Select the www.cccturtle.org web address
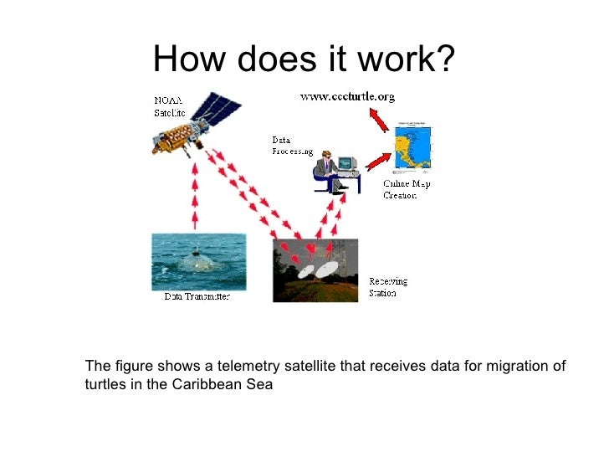(347, 97)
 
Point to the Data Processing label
(291, 146)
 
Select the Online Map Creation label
(407, 189)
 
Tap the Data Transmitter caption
(196, 296)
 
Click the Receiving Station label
(389, 287)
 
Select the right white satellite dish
(327, 268)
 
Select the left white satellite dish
(304, 273)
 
